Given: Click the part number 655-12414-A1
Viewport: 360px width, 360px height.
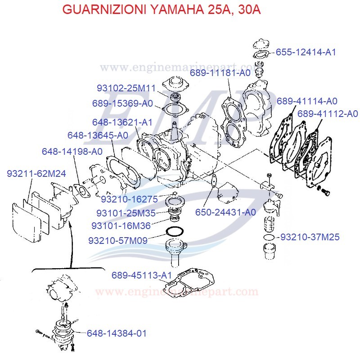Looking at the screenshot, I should [x=306, y=52].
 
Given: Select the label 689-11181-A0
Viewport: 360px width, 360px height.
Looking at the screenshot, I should [x=220, y=72].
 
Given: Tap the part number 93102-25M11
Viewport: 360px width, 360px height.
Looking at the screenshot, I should [x=126, y=88].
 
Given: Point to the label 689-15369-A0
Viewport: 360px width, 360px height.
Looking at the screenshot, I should [x=122, y=103].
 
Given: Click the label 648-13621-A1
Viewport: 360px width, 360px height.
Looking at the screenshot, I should [x=122, y=122].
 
